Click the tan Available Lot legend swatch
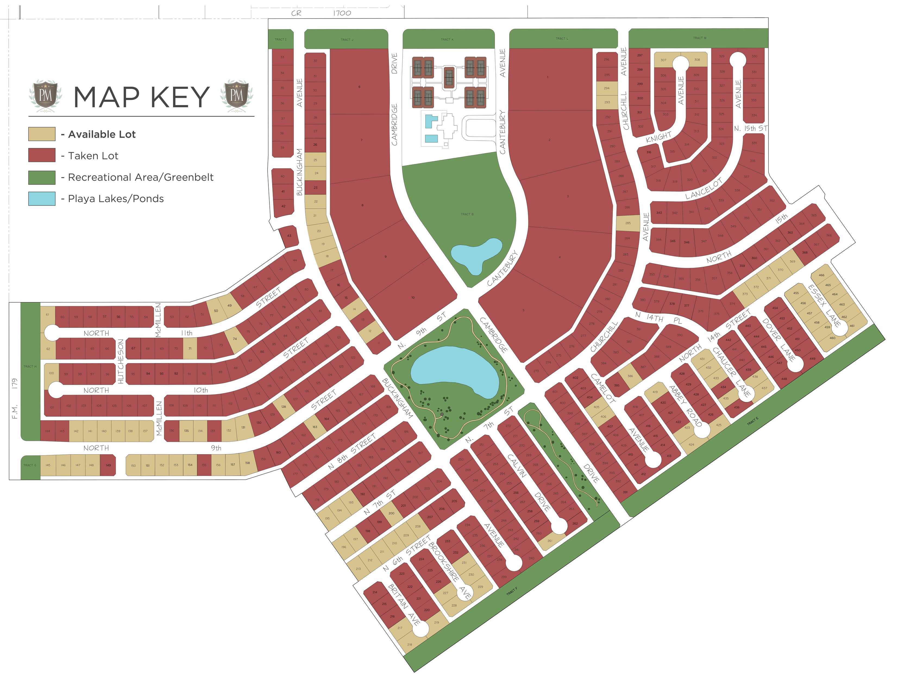pyautogui.click(x=42, y=134)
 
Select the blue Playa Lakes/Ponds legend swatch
pyautogui.click(x=42, y=199)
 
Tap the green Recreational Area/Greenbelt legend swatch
pyautogui.click(x=42, y=177)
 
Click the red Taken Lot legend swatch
pyautogui.click(x=42, y=155)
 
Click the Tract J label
pyautogui.click(x=347, y=40)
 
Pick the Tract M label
pyautogui.click(x=699, y=38)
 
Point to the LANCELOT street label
pyautogui.click(x=704, y=189)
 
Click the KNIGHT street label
pyautogui.click(x=659, y=137)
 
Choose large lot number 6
pyautogui.click(x=359, y=87)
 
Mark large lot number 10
pyautogui.click(x=413, y=297)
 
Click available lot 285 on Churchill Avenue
pyautogui.click(x=628, y=223)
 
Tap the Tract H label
pyautogui.click(x=30, y=367)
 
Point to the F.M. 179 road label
pyautogui.click(x=15, y=398)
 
